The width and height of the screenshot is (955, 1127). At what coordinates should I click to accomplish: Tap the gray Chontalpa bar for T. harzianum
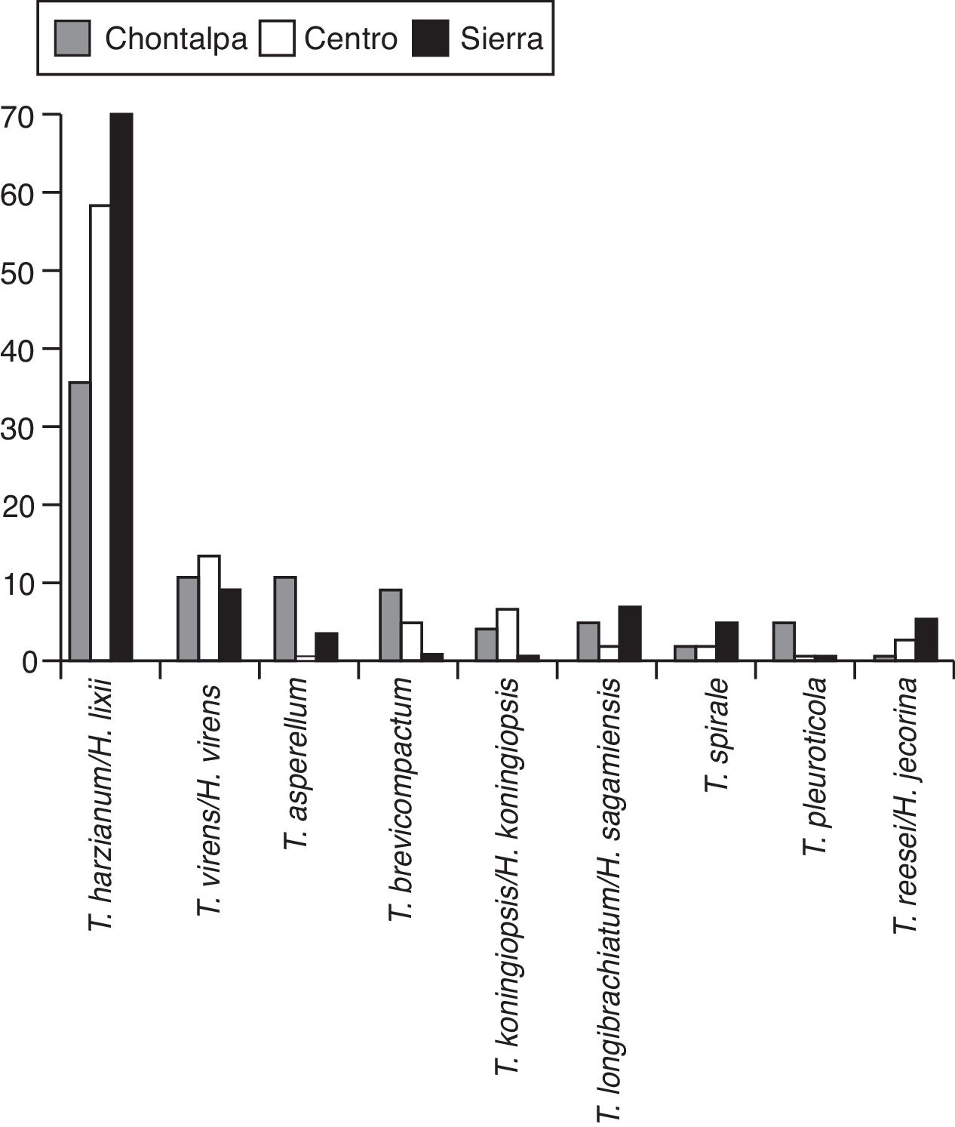(x=79, y=521)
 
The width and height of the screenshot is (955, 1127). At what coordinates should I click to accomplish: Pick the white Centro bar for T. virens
(x=209, y=608)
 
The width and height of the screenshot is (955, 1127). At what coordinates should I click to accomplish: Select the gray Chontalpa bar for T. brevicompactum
(x=391, y=625)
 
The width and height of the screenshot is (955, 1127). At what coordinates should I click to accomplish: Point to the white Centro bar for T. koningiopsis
(x=507, y=635)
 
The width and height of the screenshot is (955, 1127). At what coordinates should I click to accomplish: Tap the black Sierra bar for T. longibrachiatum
(x=629, y=633)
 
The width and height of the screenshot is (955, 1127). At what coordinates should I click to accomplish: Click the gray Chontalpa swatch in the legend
(x=72, y=38)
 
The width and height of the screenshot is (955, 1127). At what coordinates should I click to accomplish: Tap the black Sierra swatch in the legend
(x=431, y=38)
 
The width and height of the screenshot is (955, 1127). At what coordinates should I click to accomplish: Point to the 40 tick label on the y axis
(x=18, y=349)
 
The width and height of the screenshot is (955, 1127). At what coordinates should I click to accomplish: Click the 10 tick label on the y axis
(x=18, y=584)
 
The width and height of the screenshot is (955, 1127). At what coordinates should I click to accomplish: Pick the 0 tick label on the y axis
(x=29, y=662)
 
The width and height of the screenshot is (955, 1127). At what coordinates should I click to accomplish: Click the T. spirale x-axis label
(x=717, y=735)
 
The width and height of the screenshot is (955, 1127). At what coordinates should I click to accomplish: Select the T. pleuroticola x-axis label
(x=815, y=766)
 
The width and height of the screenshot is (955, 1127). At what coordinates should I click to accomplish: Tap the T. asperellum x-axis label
(x=296, y=763)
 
